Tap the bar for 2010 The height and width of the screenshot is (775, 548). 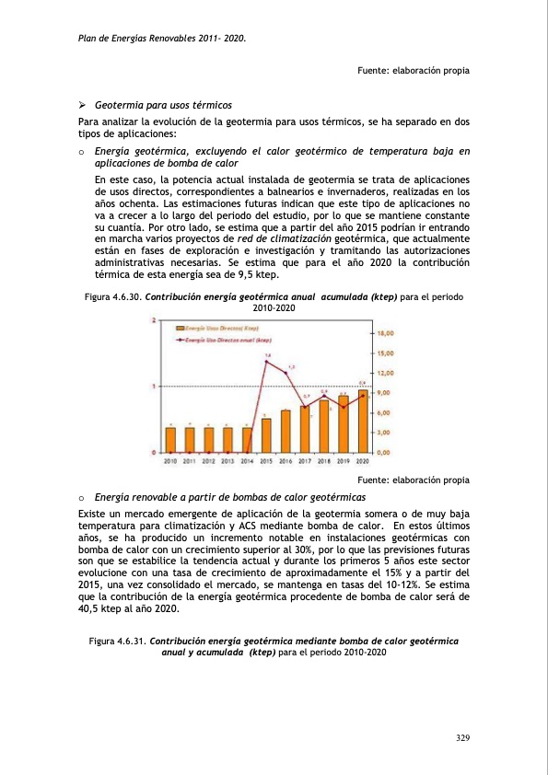tap(170, 439)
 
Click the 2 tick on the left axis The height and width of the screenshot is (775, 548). tap(153, 320)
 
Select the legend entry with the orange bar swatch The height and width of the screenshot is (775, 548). tap(211, 328)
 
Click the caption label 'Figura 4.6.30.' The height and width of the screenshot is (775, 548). tap(114, 298)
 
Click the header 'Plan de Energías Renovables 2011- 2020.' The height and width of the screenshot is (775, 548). tap(162, 39)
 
